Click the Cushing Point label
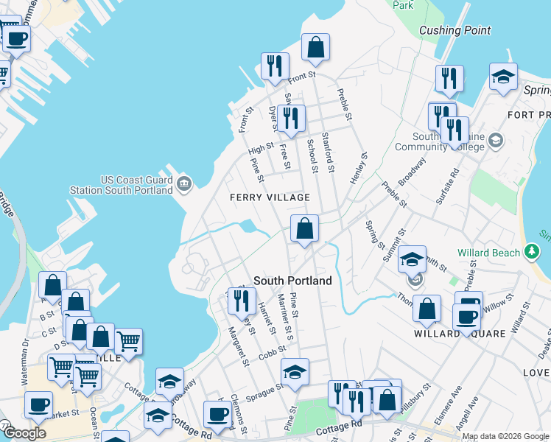tap(455, 30)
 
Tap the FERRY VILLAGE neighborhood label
tap(269, 197)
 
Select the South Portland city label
tap(292, 281)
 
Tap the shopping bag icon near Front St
tap(315, 49)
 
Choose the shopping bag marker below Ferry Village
tap(304, 230)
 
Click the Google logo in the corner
tap(25, 433)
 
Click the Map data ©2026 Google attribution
tap(506, 436)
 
